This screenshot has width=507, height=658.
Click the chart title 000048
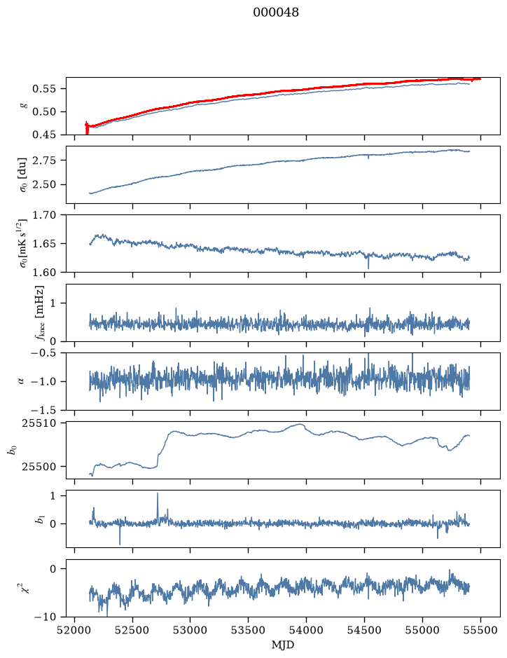tap(275, 13)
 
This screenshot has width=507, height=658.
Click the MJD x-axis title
tap(283, 645)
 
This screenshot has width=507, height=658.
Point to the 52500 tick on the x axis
tap(132, 630)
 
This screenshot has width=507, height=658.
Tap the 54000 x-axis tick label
tap(306, 630)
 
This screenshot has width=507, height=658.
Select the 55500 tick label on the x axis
tap(480, 630)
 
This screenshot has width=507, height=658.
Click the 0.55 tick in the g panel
tap(43, 89)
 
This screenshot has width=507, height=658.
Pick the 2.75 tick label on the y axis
tap(43, 160)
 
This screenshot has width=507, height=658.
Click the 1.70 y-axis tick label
tap(43, 215)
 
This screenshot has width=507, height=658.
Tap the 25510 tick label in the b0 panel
tap(39, 423)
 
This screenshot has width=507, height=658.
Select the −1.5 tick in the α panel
tap(43, 409)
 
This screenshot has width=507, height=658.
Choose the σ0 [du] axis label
tap(22, 174)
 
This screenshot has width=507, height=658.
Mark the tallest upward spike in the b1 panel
tap(158, 493)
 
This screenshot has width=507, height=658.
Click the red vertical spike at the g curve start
tap(87, 128)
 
